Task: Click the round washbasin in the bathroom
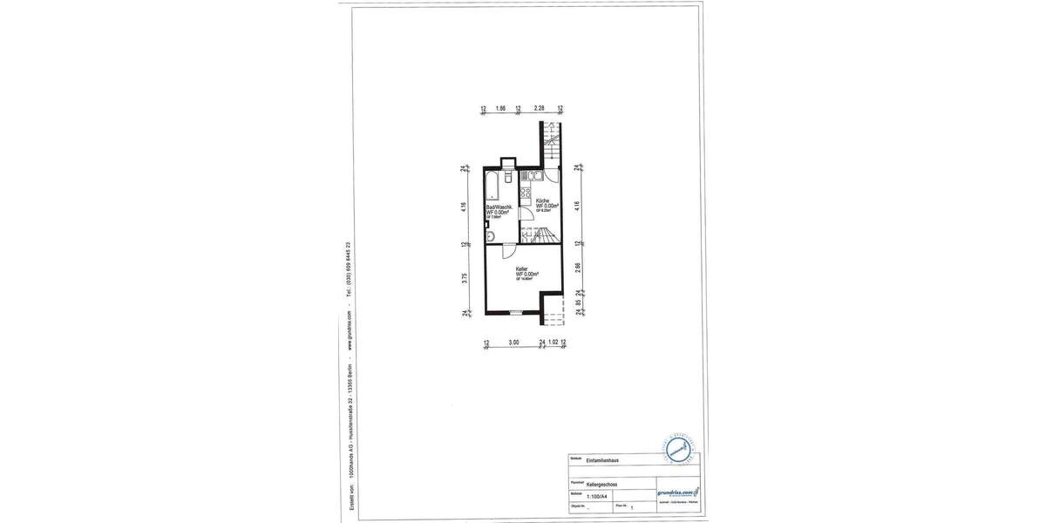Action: point(491,235)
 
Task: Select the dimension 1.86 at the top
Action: point(500,109)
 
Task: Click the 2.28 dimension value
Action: point(540,109)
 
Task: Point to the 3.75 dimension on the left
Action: point(465,279)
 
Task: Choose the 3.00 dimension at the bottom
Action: point(514,343)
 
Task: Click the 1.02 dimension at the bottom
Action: point(553,343)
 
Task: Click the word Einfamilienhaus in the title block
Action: point(603,459)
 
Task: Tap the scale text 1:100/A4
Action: point(599,494)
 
